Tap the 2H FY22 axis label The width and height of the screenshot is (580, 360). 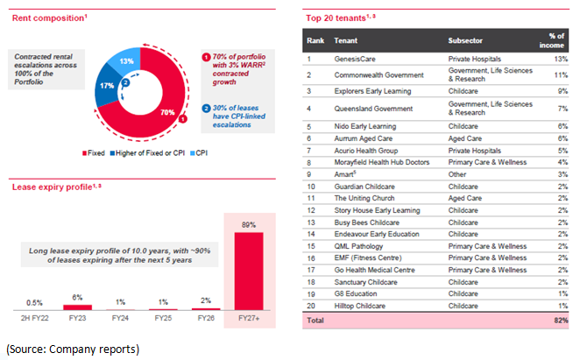(x=32, y=320)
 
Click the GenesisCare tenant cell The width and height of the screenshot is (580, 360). (x=356, y=58)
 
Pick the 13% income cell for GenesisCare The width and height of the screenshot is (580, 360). (x=562, y=58)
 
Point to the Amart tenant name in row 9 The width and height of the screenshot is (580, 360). (x=345, y=174)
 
